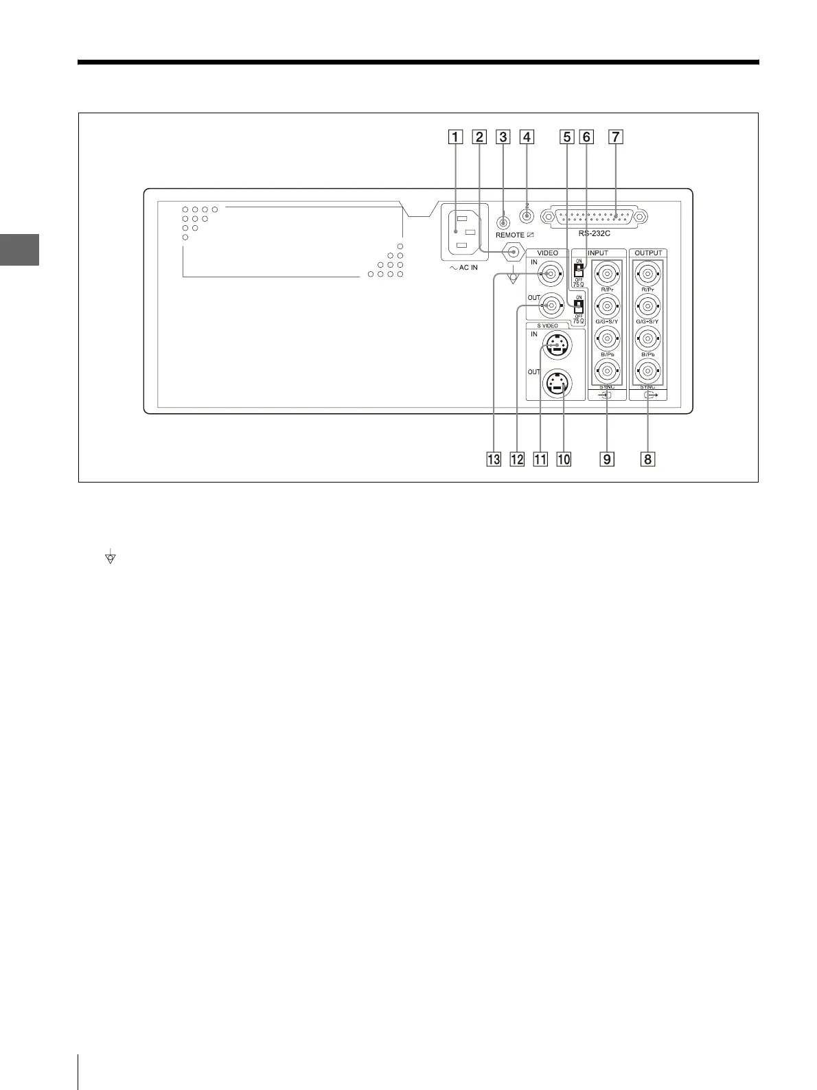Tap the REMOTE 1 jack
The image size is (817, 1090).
[503, 222]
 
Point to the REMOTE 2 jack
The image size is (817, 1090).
[527, 216]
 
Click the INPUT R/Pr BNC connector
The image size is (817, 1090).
[607, 275]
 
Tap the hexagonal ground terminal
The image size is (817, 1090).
[512, 253]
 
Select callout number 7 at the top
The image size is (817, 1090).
[616, 137]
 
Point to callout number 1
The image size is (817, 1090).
[454, 137]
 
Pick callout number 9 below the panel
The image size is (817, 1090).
[607, 458]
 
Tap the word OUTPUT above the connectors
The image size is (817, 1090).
[648, 253]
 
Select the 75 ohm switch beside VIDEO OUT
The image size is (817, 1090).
[578, 304]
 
